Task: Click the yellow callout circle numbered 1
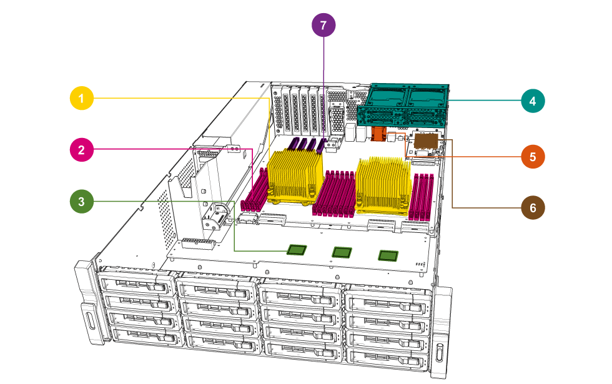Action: [82, 99]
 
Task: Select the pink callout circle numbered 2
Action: [82, 150]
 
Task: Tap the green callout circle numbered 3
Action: [82, 202]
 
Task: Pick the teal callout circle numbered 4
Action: [532, 101]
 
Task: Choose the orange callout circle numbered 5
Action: [532, 157]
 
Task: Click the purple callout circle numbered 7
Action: [323, 26]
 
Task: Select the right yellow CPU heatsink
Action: [383, 184]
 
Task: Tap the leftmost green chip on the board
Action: [296, 250]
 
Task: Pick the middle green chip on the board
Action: [342, 252]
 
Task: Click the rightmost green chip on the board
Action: [388, 255]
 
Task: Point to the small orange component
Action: [377, 134]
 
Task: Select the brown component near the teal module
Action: [427, 142]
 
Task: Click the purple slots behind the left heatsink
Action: [308, 145]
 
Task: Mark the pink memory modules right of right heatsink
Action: [420, 197]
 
